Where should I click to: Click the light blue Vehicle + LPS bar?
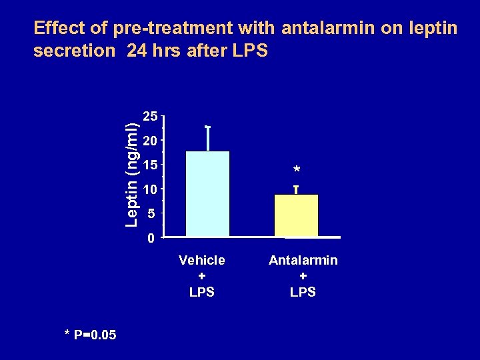(207, 193)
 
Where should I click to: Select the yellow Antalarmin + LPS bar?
(296, 215)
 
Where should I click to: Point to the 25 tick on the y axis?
(151, 117)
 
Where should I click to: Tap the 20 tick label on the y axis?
(151, 141)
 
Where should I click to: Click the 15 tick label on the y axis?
(151, 165)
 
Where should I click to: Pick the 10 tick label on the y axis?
(151, 189)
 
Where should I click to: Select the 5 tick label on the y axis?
(153, 214)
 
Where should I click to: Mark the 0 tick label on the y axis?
(153, 238)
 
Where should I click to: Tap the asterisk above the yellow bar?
(296, 171)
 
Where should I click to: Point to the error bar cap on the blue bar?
(208, 126)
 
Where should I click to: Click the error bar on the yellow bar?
(296, 190)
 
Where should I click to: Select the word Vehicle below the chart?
(202, 260)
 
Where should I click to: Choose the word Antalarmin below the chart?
(303, 260)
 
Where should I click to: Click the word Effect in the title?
(59, 29)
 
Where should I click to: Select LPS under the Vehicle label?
(202, 292)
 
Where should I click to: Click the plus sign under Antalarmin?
(303, 276)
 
